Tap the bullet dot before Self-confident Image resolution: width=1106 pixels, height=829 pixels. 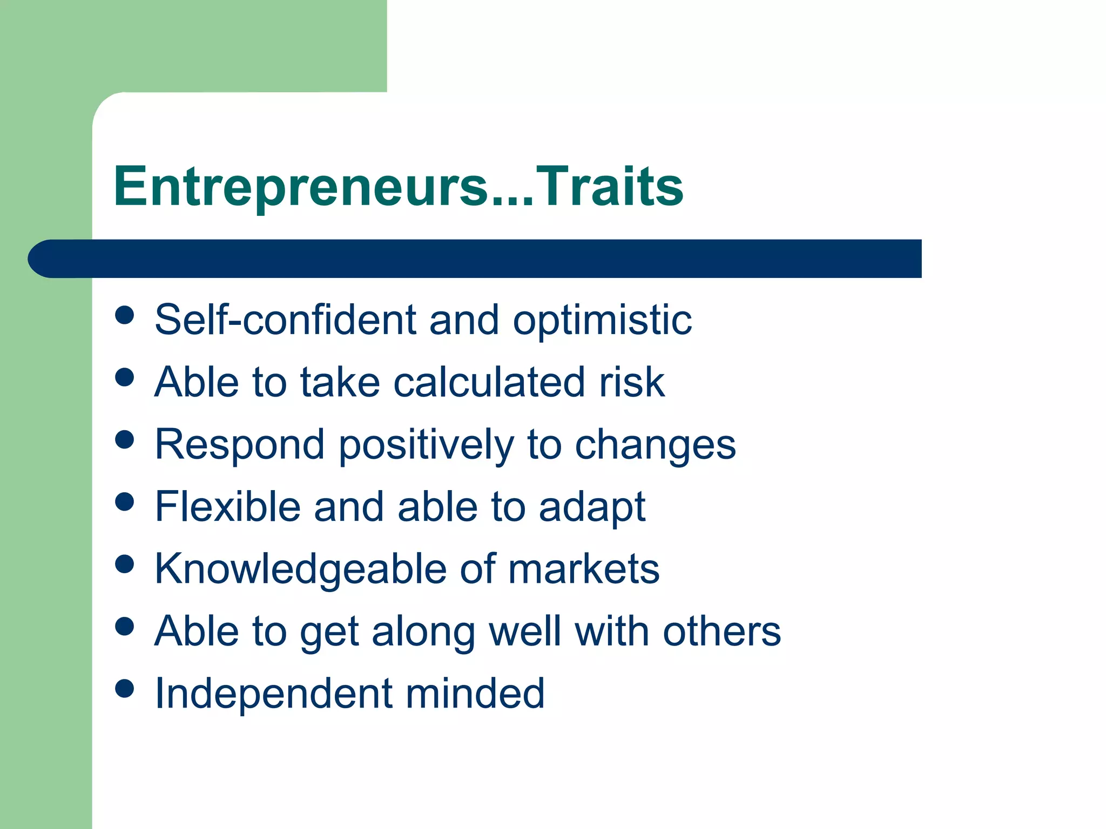(x=125, y=315)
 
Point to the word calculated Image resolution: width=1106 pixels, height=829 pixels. (x=489, y=382)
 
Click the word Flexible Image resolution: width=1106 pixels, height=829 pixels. (x=227, y=507)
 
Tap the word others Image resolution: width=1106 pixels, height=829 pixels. (x=721, y=631)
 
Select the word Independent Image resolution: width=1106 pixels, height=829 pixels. (x=273, y=694)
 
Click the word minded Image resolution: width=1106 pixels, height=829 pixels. (x=475, y=694)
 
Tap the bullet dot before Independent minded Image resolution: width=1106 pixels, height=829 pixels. (x=125, y=689)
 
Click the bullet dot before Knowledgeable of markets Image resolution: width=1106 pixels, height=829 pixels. (x=125, y=565)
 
